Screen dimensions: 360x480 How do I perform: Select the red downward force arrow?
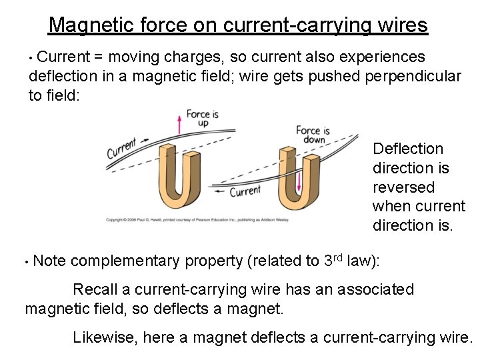tap(301, 180)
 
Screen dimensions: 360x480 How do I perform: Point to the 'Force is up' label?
tap(202, 119)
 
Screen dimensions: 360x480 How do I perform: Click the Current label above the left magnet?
tap(121, 147)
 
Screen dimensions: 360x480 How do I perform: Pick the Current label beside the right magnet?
tap(245, 191)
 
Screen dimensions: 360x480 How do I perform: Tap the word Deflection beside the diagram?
tap(408, 149)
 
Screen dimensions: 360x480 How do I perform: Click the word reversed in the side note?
tap(403, 187)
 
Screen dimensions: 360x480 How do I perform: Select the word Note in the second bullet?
tap(49, 261)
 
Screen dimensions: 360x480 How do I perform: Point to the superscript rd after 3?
tap(340, 256)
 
